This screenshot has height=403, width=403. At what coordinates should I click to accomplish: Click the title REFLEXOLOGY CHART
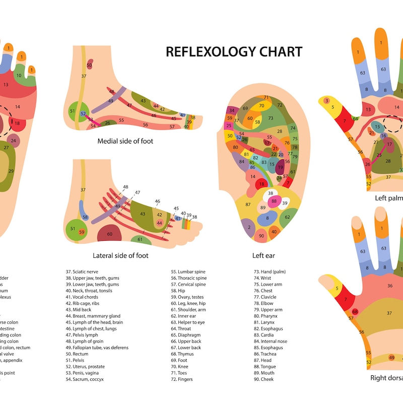point(234,51)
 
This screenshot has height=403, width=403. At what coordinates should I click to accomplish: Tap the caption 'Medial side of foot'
point(125,141)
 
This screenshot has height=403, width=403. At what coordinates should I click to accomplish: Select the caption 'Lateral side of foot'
point(121,255)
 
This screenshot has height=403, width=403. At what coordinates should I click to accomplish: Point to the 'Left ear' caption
point(263,255)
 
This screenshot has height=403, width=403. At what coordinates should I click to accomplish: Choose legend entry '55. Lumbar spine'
point(188,272)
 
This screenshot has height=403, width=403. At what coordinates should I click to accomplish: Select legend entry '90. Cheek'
point(263,379)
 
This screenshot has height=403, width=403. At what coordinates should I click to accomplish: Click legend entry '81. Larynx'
point(265,322)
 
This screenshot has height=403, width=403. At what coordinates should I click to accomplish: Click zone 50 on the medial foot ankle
point(89,65)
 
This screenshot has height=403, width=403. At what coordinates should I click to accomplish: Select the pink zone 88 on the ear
point(274,201)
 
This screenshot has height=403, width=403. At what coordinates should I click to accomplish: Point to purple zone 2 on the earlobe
point(249,227)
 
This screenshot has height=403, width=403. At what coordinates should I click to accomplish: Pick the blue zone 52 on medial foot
point(83,114)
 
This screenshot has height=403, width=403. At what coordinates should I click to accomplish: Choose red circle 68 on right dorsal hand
point(355,312)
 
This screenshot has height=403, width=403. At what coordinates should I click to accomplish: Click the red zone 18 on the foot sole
point(17,123)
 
